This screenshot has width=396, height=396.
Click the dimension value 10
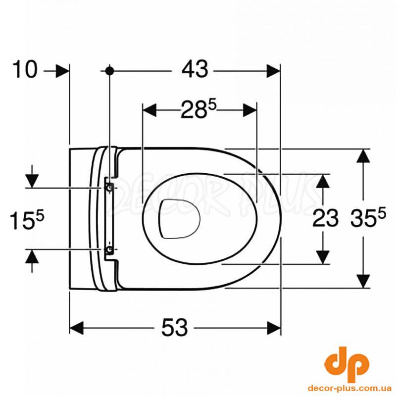point(25,69)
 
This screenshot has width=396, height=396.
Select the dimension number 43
point(195,69)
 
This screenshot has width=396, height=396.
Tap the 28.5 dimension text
point(198,109)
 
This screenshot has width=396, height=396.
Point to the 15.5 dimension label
point(27,220)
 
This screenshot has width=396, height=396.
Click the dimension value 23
point(325,219)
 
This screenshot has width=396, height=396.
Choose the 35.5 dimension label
point(368,219)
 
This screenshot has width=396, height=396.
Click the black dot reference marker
point(109,71)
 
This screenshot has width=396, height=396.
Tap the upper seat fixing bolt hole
point(109,188)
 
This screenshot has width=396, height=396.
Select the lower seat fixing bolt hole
point(109,249)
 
